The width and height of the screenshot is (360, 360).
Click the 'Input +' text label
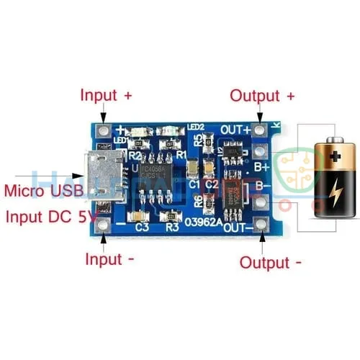107,95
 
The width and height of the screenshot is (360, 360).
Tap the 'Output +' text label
262,96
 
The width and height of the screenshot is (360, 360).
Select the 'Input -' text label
109,258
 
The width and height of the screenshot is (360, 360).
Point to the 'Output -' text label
271,262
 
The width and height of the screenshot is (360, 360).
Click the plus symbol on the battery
334,155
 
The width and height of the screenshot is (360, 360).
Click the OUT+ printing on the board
235,130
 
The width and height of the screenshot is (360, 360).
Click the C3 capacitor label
141,228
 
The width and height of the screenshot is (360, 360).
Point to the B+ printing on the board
260,166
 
